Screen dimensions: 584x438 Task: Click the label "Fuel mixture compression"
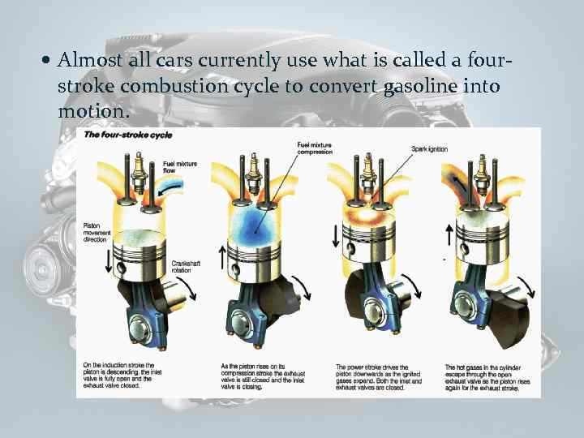[x=315, y=148]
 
